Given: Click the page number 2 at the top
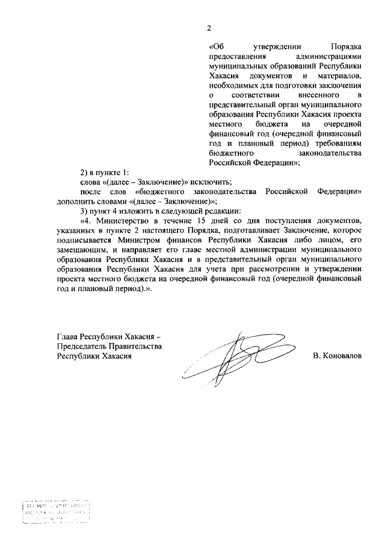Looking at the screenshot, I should [x=209, y=28].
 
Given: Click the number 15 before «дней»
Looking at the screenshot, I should [x=207, y=220].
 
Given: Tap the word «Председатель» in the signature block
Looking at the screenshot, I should [x=82, y=346].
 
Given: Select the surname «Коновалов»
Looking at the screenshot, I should [x=342, y=356].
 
